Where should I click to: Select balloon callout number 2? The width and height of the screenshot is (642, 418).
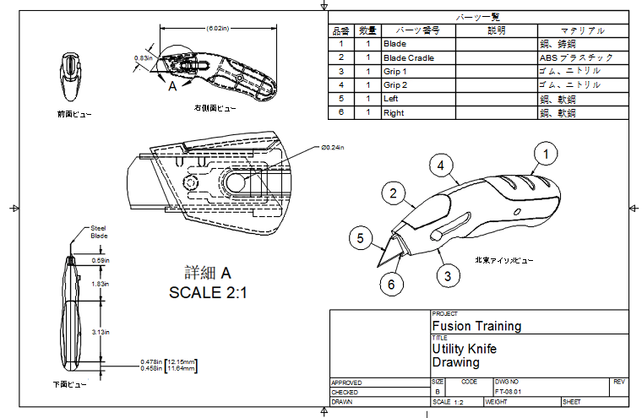391,193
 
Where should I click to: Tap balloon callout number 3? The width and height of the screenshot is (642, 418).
448,274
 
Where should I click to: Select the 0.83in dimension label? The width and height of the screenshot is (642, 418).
143,58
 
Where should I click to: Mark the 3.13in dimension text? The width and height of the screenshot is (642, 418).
100,332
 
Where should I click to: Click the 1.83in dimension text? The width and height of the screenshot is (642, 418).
100,285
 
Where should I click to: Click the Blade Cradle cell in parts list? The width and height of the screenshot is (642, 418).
405,57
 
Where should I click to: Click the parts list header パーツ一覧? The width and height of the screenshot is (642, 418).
478,16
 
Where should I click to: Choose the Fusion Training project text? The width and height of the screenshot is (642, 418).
476,325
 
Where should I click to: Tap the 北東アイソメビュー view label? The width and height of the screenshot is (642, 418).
504,260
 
